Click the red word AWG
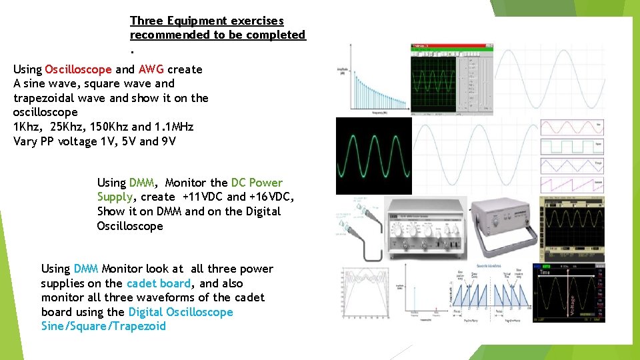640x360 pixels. (x=151, y=69)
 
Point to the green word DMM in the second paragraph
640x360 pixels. (x=141, y=183)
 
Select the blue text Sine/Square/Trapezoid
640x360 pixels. (x=103, y=326)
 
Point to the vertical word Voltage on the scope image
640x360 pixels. (x=572, y=297)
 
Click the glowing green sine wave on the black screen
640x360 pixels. (x=373, y=156)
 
